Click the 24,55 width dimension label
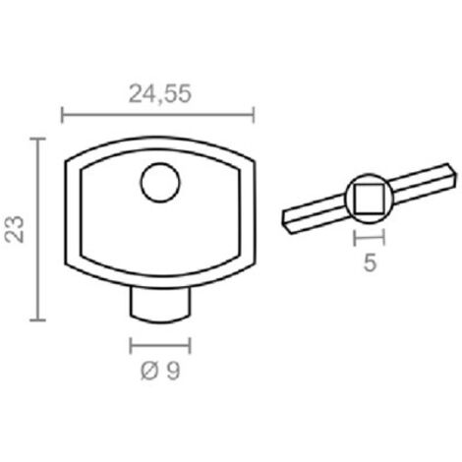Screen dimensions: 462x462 coord(160,94)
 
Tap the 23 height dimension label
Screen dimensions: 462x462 coord(15,229)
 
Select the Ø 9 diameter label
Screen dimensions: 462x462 coord(160,372)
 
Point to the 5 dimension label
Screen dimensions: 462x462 coord(370,262)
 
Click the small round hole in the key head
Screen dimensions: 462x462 coord(160,183)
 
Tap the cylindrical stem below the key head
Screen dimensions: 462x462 coord(160,305)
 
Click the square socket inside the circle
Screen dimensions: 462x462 coord(370,199)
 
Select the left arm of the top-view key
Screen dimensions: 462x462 coord(314,213)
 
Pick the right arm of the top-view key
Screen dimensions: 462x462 coord(424,184)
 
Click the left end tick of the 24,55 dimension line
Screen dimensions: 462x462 coord(62,115)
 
